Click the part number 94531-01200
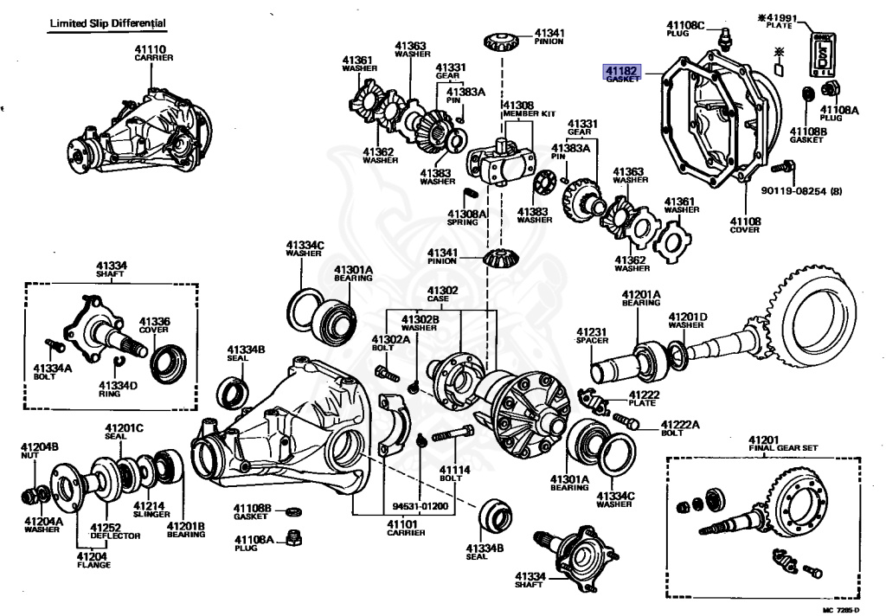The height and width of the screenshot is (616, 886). click(419, 505)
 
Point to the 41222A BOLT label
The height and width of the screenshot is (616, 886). click(680, 428)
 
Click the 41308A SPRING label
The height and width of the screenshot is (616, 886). click(467, 217)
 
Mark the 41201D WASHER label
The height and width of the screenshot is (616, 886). click(687, 321)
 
